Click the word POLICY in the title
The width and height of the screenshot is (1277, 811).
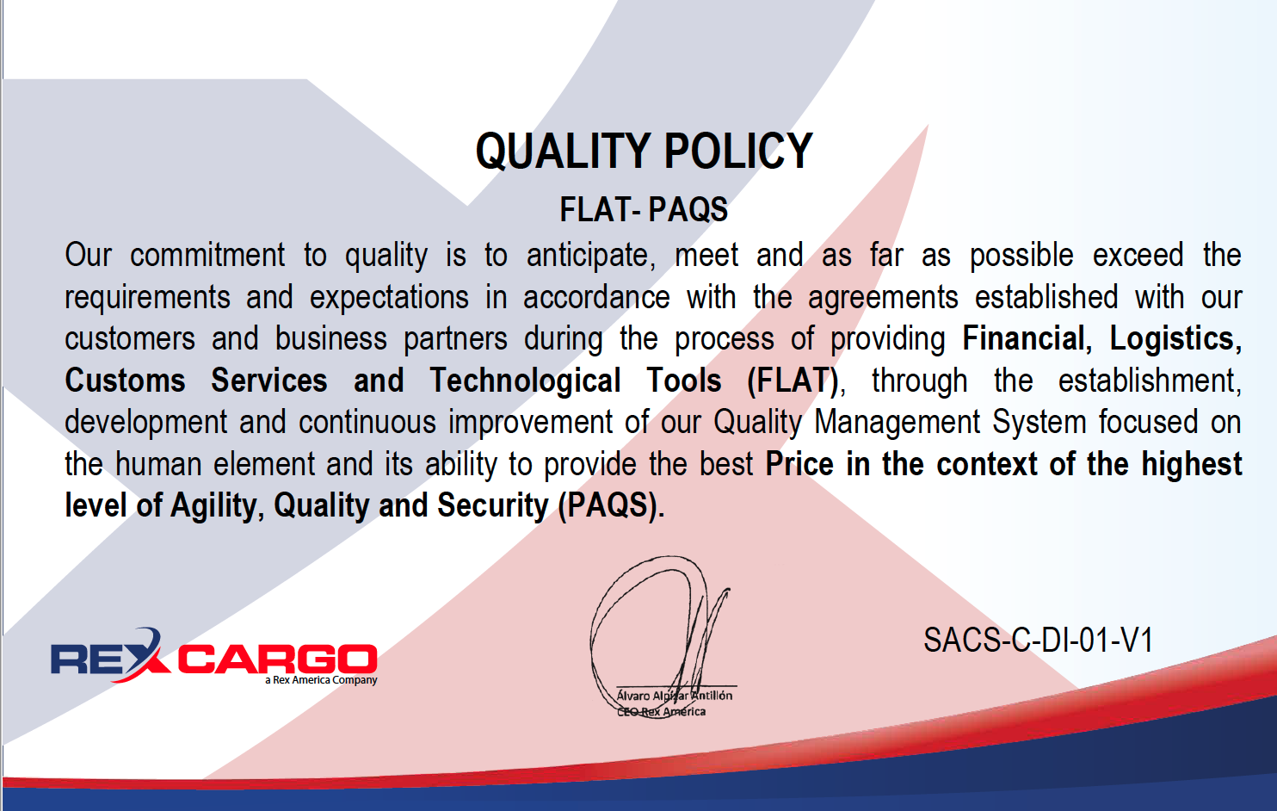click(x=738, y=152)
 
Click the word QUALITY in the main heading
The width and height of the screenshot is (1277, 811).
click(x=564, y=152)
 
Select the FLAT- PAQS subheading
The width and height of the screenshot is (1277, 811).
click(x=644, y=209)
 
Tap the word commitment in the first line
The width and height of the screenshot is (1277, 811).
click(x=207, y=254)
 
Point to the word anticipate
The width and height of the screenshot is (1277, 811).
click(x=591, y=256)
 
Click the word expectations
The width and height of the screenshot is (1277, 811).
click(x=389, y=298)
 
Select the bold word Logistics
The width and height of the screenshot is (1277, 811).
click(x=1175, y=339)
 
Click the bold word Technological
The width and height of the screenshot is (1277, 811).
click(x=525, y=381)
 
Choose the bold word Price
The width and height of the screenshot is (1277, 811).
click(x=799, y=464)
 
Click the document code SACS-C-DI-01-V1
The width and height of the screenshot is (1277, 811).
click(x=1038, y=640)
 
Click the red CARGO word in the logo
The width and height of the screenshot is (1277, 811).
click(x=278, y=659)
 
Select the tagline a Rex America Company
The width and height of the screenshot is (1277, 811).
click(x=321, y=680)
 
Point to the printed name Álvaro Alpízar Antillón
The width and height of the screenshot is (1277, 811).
click(x=675, y=696)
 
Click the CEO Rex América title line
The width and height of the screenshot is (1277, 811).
click(x=661, y=712)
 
